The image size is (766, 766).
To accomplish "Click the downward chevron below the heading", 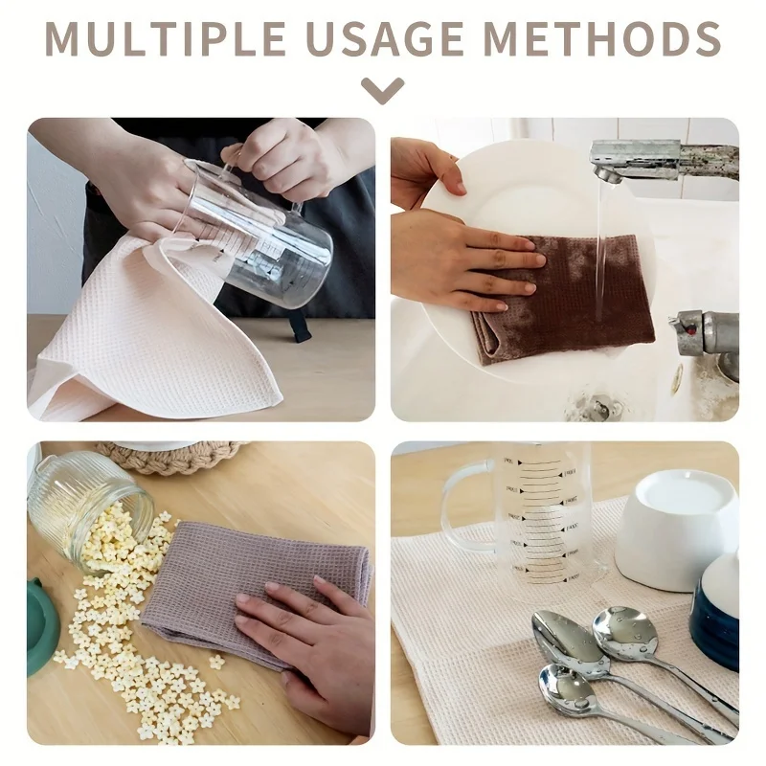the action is point(382,90).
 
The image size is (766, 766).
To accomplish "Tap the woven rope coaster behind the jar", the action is point(172,457).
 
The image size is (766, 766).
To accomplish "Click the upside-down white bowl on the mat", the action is point(677,523).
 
